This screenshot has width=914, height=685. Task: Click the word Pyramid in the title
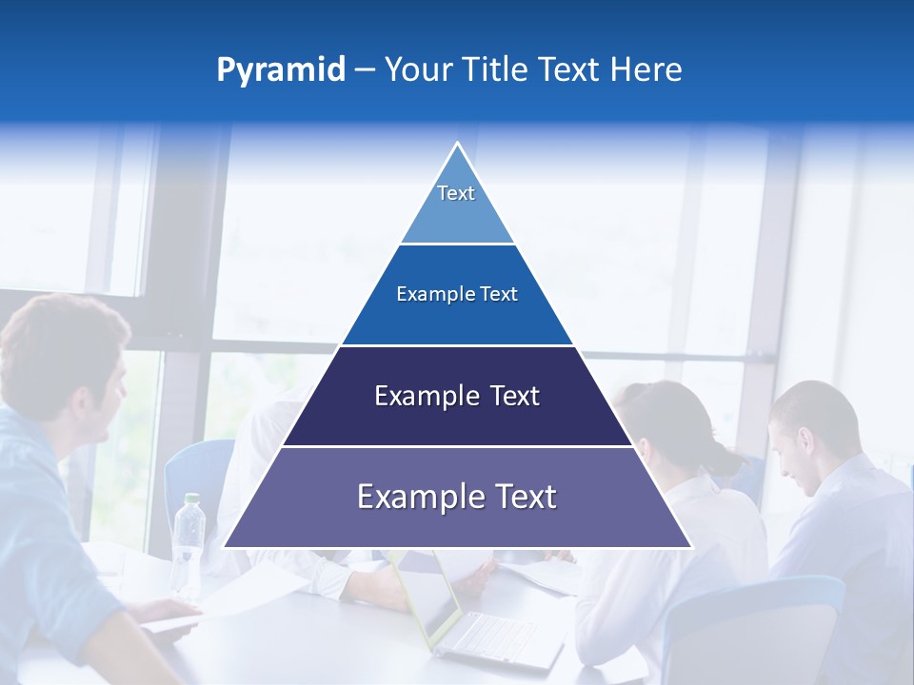point(281,70)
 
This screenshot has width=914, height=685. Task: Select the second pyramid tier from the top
point(457,295)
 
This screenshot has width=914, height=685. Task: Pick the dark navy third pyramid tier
point(457,396)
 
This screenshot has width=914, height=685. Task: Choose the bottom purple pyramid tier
point(457,497)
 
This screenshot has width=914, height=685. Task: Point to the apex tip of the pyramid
point(457,144)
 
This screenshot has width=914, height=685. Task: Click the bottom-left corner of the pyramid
point(226,546)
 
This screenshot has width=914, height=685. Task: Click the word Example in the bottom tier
point(411,497)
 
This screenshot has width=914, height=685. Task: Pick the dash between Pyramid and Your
point(364,70)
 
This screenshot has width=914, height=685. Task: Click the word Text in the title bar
point(571,70)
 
